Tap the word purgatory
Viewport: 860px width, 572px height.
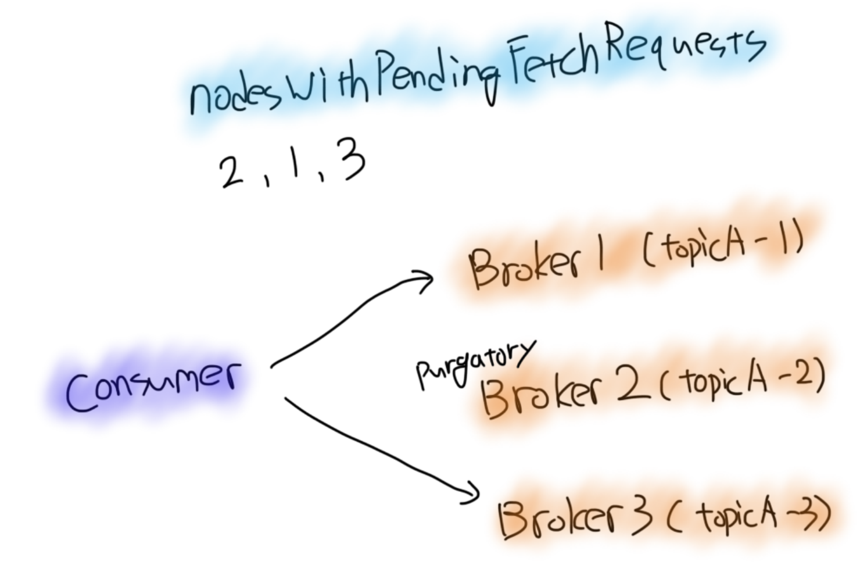pyautogui.click(x=474, y=364)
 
